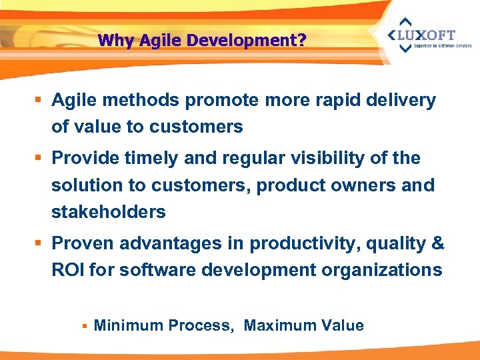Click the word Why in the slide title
click(x=112, y=40)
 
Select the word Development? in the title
click(x=246, y=40)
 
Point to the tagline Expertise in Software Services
click(x=442, y=46)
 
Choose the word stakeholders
click(x=109, y=212)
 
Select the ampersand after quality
click(x=437, y=243)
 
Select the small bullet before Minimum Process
click(x=84, y=326)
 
